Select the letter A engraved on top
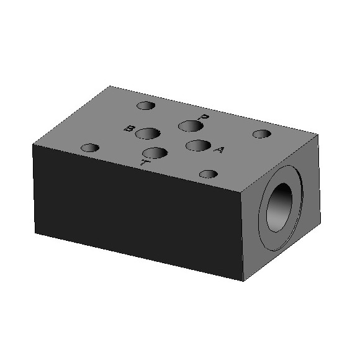click(x=218, y=150)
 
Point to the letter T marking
click(x=143, y=163)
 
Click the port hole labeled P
click(x=191, y=126)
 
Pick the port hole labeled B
click(x=148, y=133)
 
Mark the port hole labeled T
click(x=155, y=153)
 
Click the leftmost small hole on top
click(x=91, y=148)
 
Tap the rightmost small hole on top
click(x=262, y=134)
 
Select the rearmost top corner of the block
click(x=110, y=86)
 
